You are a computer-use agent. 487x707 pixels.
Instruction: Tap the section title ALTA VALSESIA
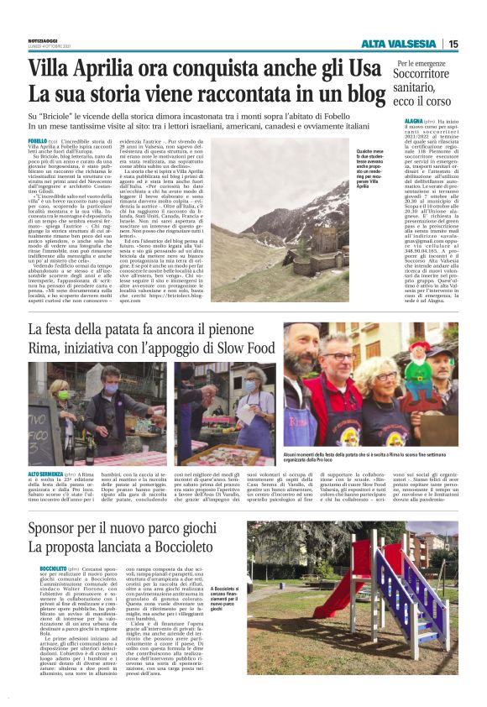pyautogui.click(x=398, y=44)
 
